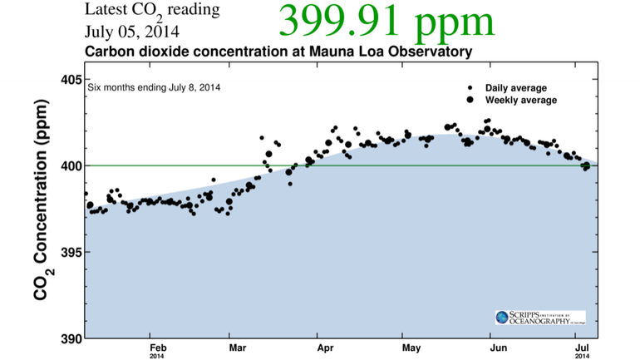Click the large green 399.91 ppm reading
coord(386,22)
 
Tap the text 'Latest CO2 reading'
coord(152,12)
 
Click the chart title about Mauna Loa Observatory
coord(278,52)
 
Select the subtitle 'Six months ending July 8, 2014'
coord(154,86)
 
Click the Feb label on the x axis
coord(158,347)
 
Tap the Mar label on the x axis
coord(238,347)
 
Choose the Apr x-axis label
coord(324,347)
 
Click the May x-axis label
coord(409,347)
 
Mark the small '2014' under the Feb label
coord(158,356)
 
